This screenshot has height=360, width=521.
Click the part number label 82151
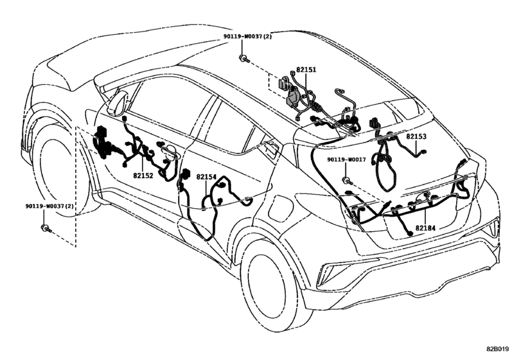tap(306, 70)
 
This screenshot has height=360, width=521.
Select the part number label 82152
tap(143, 175)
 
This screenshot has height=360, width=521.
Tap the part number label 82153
tap(416, 137)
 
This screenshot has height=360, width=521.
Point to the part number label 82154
tap(206, 177)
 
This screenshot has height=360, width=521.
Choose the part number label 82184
tap(425, 228)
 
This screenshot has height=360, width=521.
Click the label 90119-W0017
tap(346, 159)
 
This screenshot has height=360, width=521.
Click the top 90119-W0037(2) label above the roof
tap(247, 37)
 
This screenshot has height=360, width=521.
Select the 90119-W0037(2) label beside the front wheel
tap(49, 206)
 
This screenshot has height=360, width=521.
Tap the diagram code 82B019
tap(497, 349)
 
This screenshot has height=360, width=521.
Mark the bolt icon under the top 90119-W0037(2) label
tap(243, 59)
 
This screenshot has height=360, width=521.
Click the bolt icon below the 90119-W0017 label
tap(347, 181)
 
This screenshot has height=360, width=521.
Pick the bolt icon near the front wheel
tap(46, 228)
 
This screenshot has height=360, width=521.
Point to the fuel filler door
tap(279, 207)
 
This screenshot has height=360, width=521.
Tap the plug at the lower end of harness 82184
tap(411, 234)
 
